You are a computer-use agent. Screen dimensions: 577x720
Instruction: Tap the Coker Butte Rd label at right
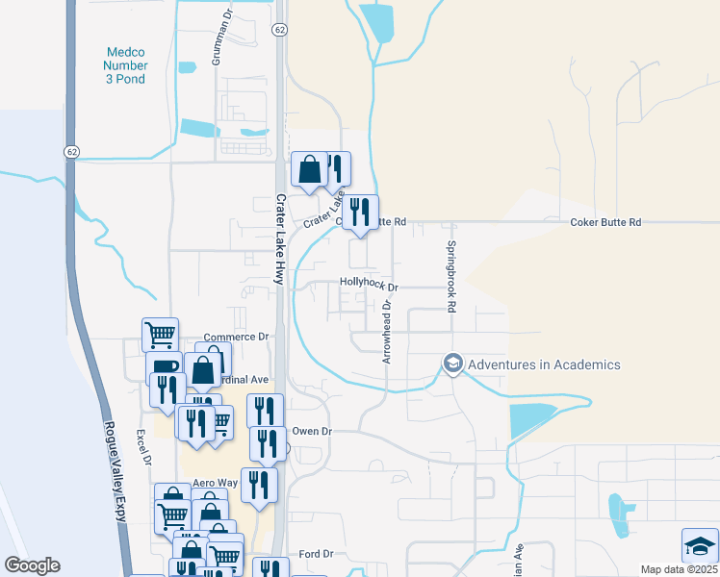tap(605, 222)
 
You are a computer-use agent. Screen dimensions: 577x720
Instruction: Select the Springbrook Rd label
tap(450, 274)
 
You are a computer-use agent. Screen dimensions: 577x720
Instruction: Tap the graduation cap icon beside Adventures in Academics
tap(452, 364)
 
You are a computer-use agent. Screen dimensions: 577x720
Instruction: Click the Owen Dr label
tap(311, 432)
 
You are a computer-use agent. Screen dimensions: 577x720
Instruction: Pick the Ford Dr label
tap(315, 554)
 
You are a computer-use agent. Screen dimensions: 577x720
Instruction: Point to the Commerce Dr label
tap(235, 337)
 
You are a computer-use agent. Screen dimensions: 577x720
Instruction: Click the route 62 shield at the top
tap(278, 30)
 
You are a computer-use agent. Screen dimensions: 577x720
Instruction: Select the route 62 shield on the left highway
tap(72, 152)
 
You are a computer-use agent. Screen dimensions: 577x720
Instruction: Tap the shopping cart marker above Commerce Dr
tap(160, 334)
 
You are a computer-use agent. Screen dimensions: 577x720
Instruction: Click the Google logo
tap(32, 564)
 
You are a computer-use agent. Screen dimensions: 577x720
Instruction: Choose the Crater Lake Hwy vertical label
tap(281, 237)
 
